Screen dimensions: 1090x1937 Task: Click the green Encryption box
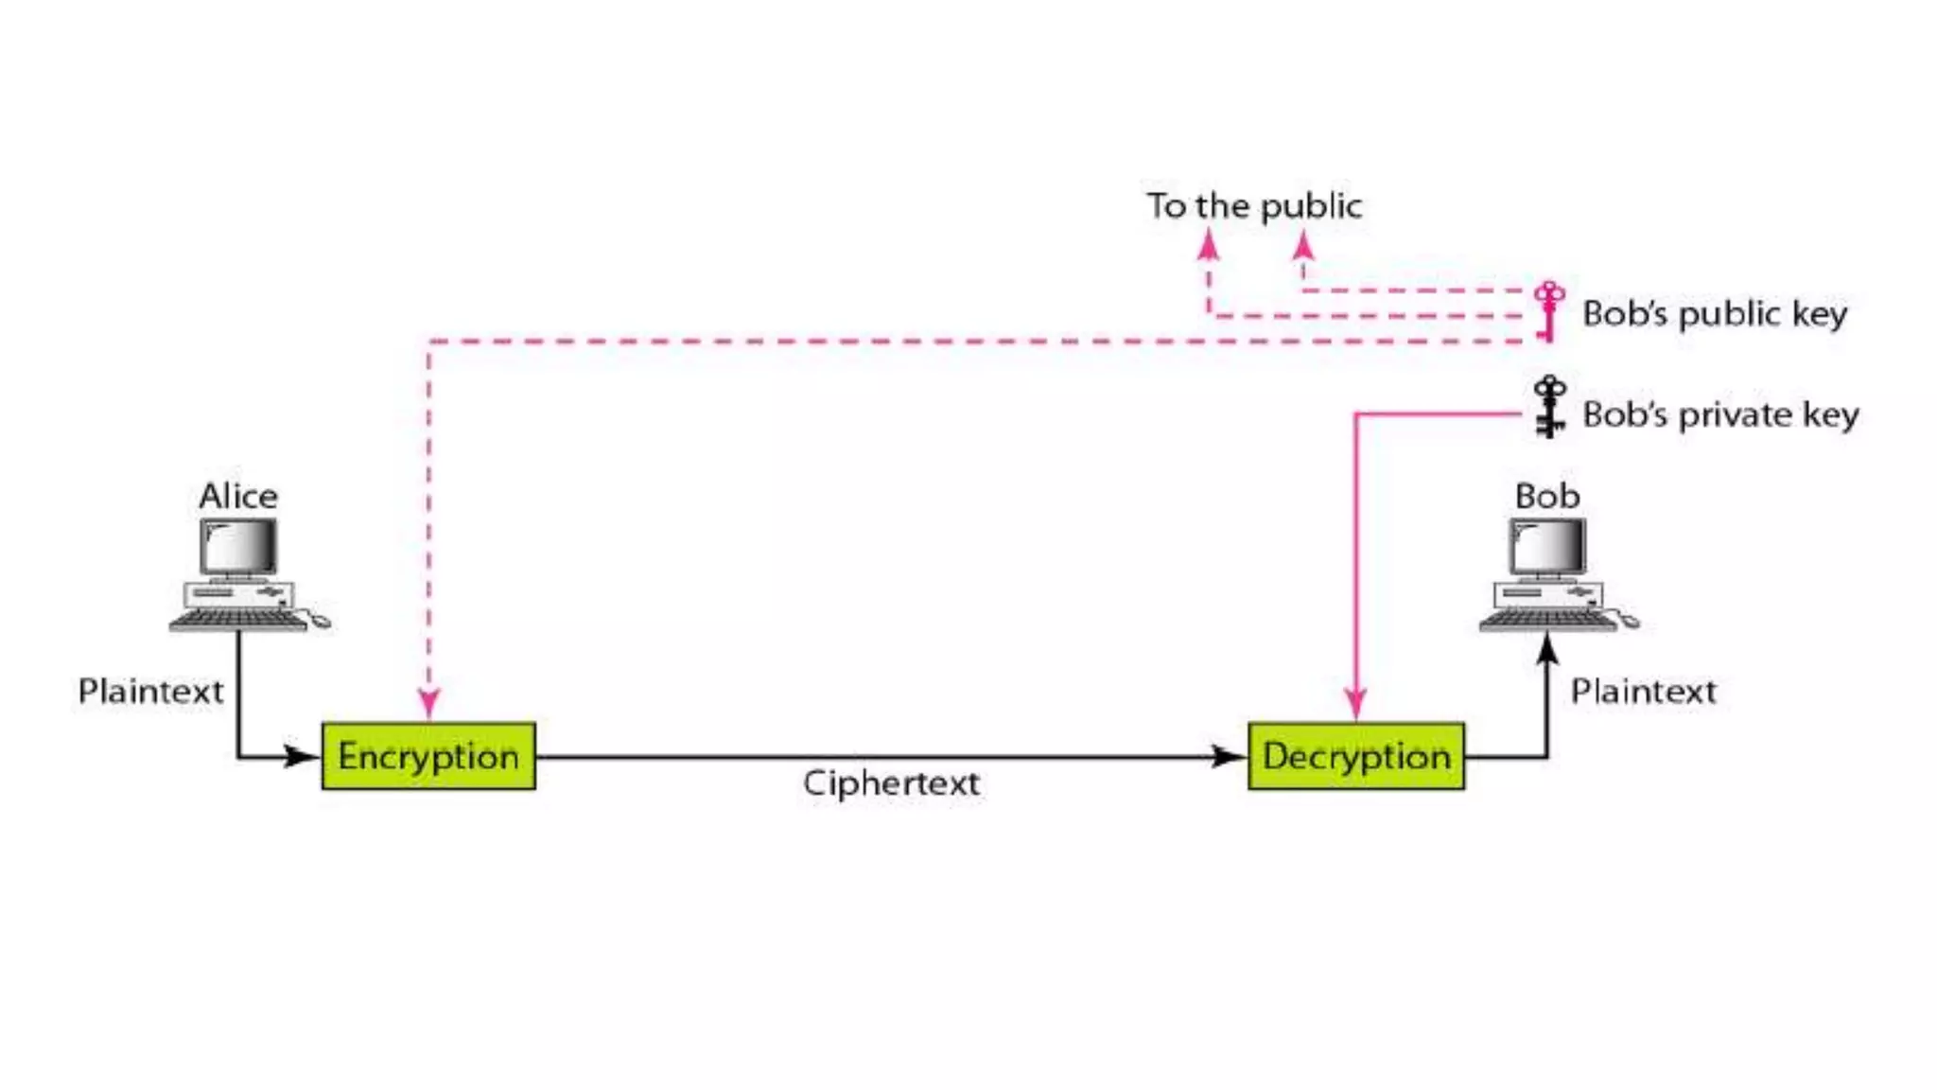tap(428, 756)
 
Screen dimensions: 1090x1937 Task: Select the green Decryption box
tap(1356, 756)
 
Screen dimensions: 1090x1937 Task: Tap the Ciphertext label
tap(891, 783)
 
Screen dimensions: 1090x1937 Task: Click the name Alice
tap(238, 496)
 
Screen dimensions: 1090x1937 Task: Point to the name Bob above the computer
tap(1547, 496)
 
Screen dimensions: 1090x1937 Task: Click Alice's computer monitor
tap(238, 547)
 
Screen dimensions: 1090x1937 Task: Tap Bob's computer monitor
tap(1547, 547)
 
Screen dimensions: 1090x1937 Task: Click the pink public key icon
tap(1549, 310)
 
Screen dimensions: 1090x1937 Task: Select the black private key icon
tap(1549, 407)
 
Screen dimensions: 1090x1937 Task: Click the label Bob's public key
tap(1715, 313)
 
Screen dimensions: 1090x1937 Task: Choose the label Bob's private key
tap(1720, 414)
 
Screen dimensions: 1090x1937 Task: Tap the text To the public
tap(1254, 206)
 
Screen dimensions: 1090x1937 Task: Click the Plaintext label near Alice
tap(150, 691)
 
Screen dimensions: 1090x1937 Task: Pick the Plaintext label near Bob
tap(1643, 691)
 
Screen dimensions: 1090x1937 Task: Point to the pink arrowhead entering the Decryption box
tap(1356, 704)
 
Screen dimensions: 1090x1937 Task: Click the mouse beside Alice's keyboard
tap(321, 621)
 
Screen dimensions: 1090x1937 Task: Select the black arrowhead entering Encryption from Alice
tap(301, 757)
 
